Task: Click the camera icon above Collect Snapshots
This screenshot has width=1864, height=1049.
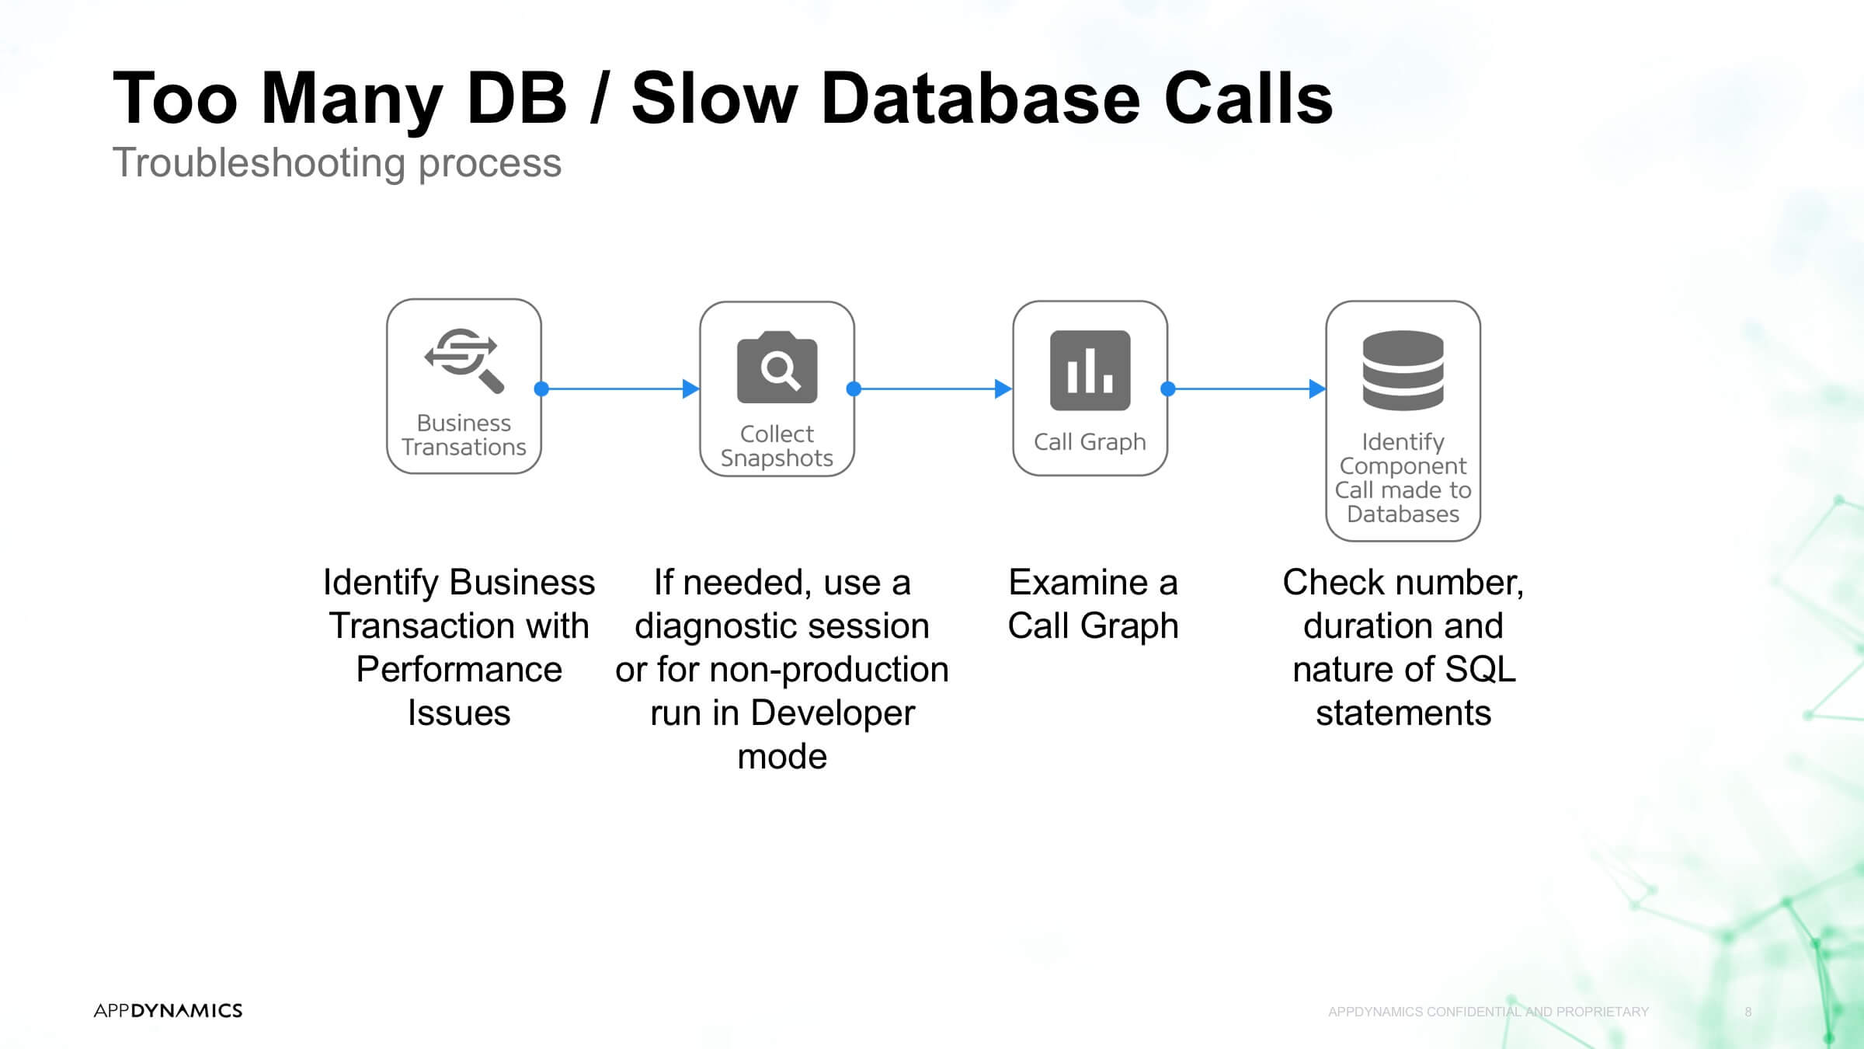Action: point(777,368)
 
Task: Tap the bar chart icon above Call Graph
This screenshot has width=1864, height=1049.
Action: point(1090,370)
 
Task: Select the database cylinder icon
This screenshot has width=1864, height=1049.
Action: point(1403,371)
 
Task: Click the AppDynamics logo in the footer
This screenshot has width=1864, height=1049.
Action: point(168,1010)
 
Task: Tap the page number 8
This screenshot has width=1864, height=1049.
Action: point(1748,1012)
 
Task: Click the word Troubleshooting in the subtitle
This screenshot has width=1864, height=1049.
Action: point(259,164)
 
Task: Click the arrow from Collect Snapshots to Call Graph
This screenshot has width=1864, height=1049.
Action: point(933,389)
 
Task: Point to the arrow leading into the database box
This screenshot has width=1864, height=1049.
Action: point(1247,389)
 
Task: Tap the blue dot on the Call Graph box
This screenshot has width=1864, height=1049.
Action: point(1167,389)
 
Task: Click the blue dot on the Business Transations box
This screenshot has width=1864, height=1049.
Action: point(541,389)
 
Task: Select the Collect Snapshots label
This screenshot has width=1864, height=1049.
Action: point(777,446)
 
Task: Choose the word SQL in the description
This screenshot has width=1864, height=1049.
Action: point(1480,669)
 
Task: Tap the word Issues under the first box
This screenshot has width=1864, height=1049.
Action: point(459,713)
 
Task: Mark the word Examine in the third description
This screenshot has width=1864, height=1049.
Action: point(1077,582)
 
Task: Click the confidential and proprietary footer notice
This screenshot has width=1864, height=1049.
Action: point(1488,1012)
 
